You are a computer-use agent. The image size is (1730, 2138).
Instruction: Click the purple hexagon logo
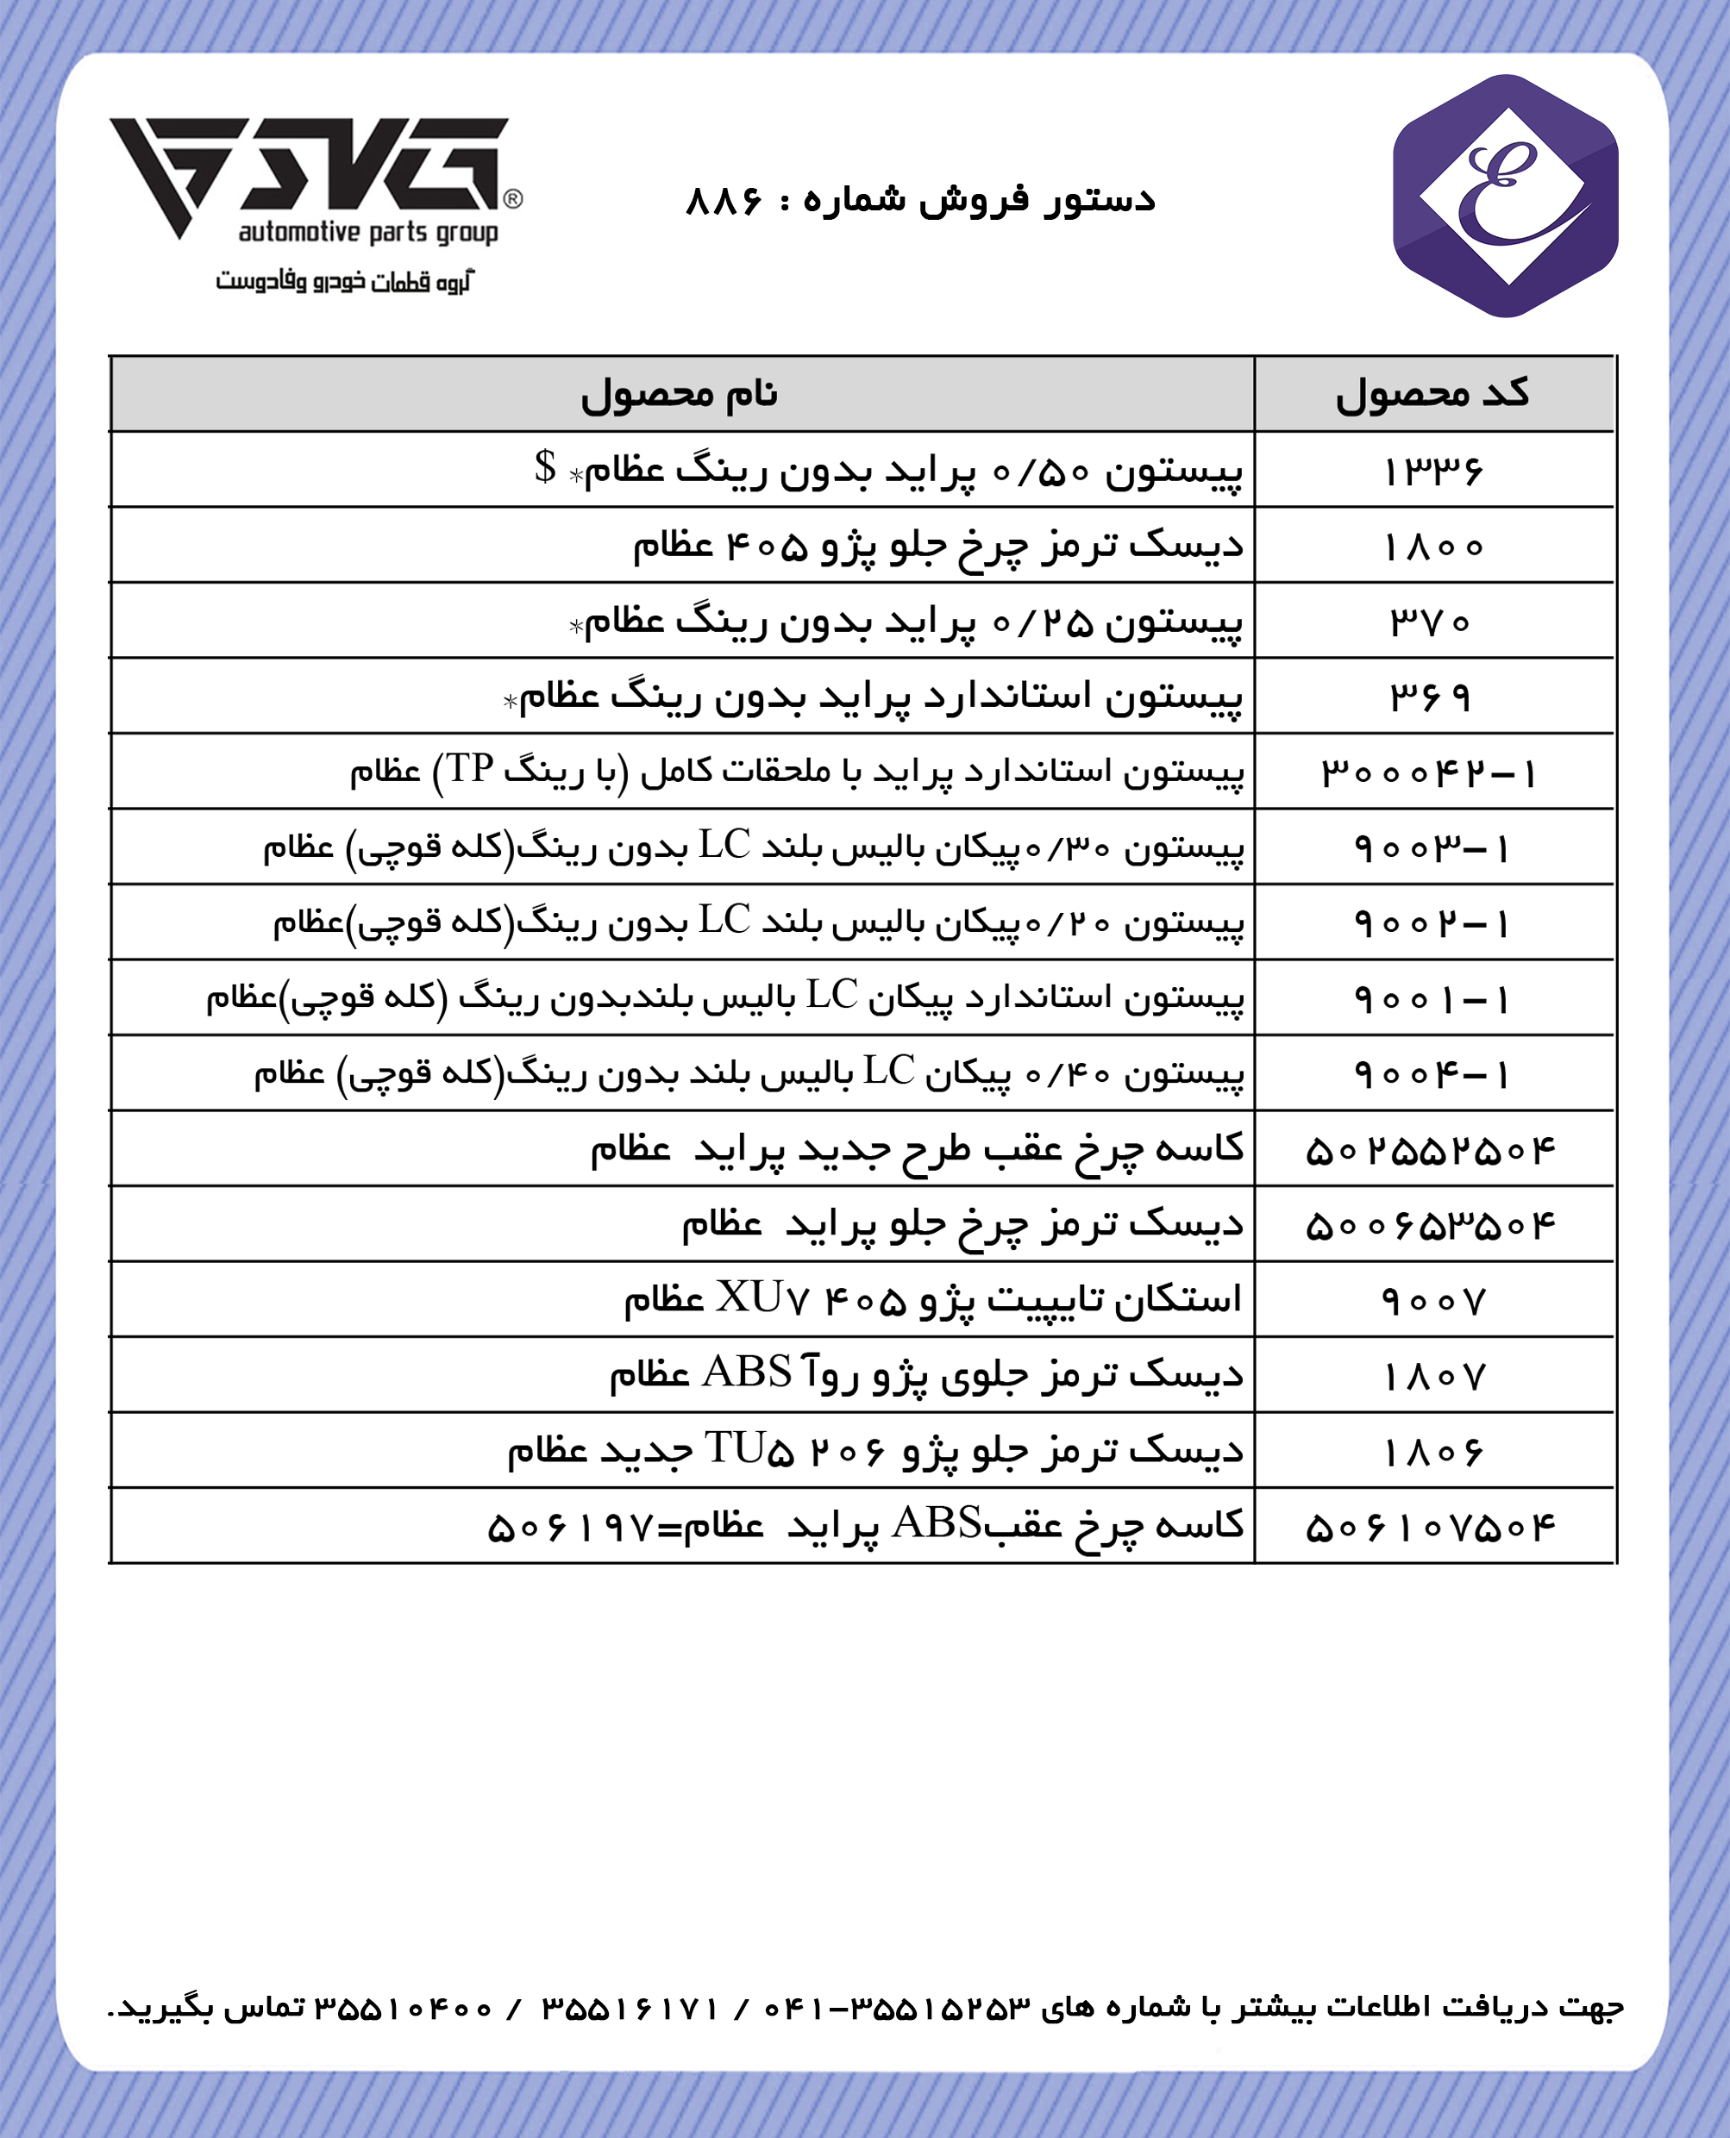click(x=1505, y=197)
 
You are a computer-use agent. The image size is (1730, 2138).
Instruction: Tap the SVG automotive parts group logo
click(x=314, y=179)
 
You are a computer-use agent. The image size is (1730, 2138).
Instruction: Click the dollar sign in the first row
click(x=545, y=466)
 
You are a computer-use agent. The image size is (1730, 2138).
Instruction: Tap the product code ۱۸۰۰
click(x=1433, y=547)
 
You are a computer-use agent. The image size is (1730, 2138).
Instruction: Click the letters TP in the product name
click(x=470, y=768)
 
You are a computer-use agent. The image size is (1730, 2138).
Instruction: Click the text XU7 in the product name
click(x=762, y=1298)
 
